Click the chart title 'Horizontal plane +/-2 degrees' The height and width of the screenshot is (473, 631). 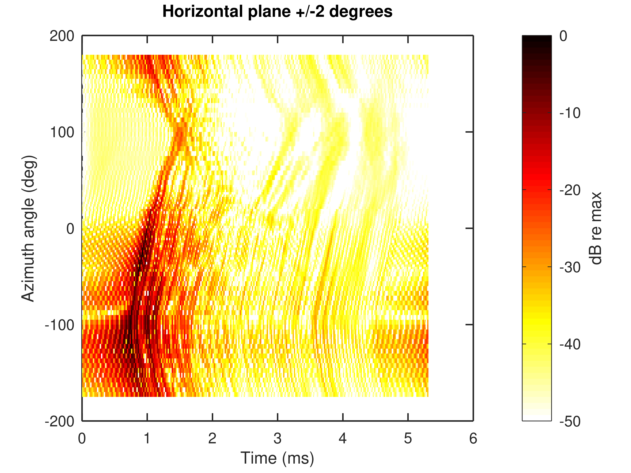click(277, 12)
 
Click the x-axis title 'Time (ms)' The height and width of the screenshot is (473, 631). click(277, 458)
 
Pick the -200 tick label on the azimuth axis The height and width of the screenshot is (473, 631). click(59, 421)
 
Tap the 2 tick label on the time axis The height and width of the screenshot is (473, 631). click(212, 438)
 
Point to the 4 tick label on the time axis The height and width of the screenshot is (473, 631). click(343, 438)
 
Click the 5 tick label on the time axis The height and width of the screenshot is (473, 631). click(408, 438)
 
